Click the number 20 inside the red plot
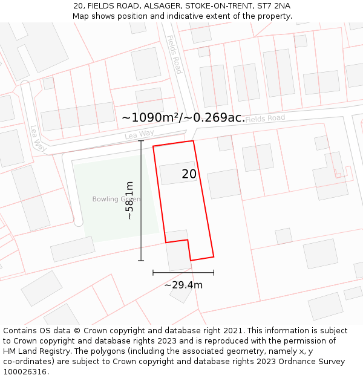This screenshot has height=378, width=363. [x=189, y=174]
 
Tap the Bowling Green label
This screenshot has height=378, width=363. [x=116, y=199]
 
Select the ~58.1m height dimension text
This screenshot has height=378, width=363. [x=129, y=200]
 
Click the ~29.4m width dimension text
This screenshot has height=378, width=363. [x=183, y=285]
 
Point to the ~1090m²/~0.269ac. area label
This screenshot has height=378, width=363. [x=183, y=117]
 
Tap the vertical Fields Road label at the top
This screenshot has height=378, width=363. [x=174, y=54]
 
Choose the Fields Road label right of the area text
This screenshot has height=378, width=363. [x=265, y=119]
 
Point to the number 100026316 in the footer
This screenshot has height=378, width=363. [x=25, y=371]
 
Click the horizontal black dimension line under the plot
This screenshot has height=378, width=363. [x=183, y=273]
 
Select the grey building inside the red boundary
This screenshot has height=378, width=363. [x=178, y=173]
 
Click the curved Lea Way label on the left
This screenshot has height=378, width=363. [x=38, y=138]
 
